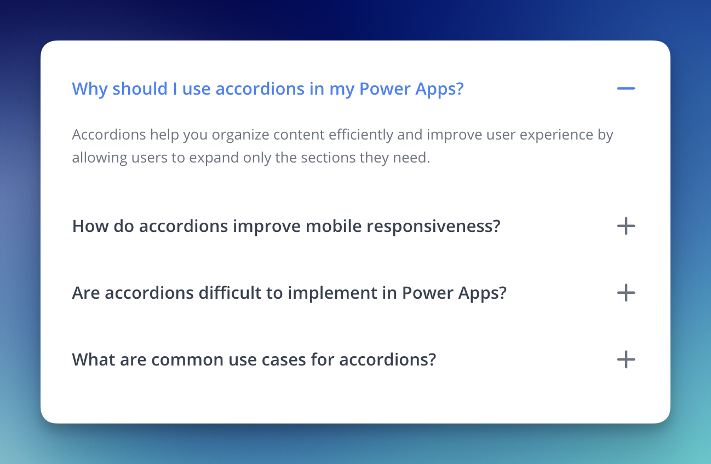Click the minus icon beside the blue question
point(626,89)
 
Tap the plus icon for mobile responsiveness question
point(626,226)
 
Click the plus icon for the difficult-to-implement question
point(626,292)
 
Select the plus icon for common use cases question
point(626,359)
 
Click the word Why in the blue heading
point(90,89)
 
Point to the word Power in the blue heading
point(385,89)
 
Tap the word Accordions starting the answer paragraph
point(109,135)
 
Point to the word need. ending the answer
point(411,158)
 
